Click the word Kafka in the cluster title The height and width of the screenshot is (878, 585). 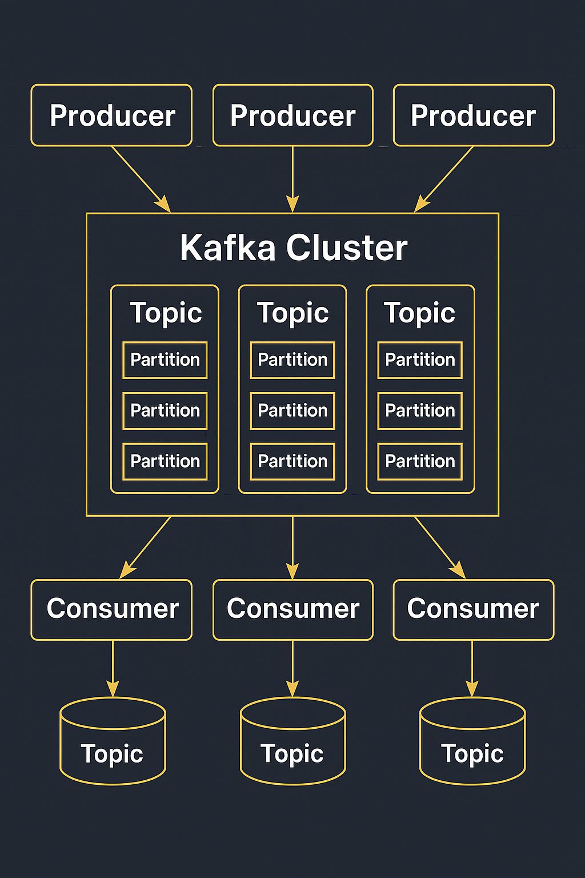[227, 248]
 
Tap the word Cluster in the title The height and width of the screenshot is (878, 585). [347, 248]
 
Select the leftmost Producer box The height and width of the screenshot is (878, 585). [111, 115]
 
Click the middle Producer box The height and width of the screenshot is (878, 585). [292, 115]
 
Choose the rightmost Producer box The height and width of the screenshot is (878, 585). [474, 115]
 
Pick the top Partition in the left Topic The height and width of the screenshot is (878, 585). [165, 360]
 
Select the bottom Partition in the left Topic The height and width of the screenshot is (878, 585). [165, 461]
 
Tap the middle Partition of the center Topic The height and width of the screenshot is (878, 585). [292, 410]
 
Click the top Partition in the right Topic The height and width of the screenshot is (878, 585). [420, 360]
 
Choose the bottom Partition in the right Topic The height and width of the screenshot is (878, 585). [420, 461]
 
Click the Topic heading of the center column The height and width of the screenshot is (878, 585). [292, 313]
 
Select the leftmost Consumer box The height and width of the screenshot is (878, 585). [111, 609]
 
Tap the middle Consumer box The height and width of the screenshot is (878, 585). [292, 609]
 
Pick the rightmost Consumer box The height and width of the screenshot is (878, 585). [474, 609]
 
